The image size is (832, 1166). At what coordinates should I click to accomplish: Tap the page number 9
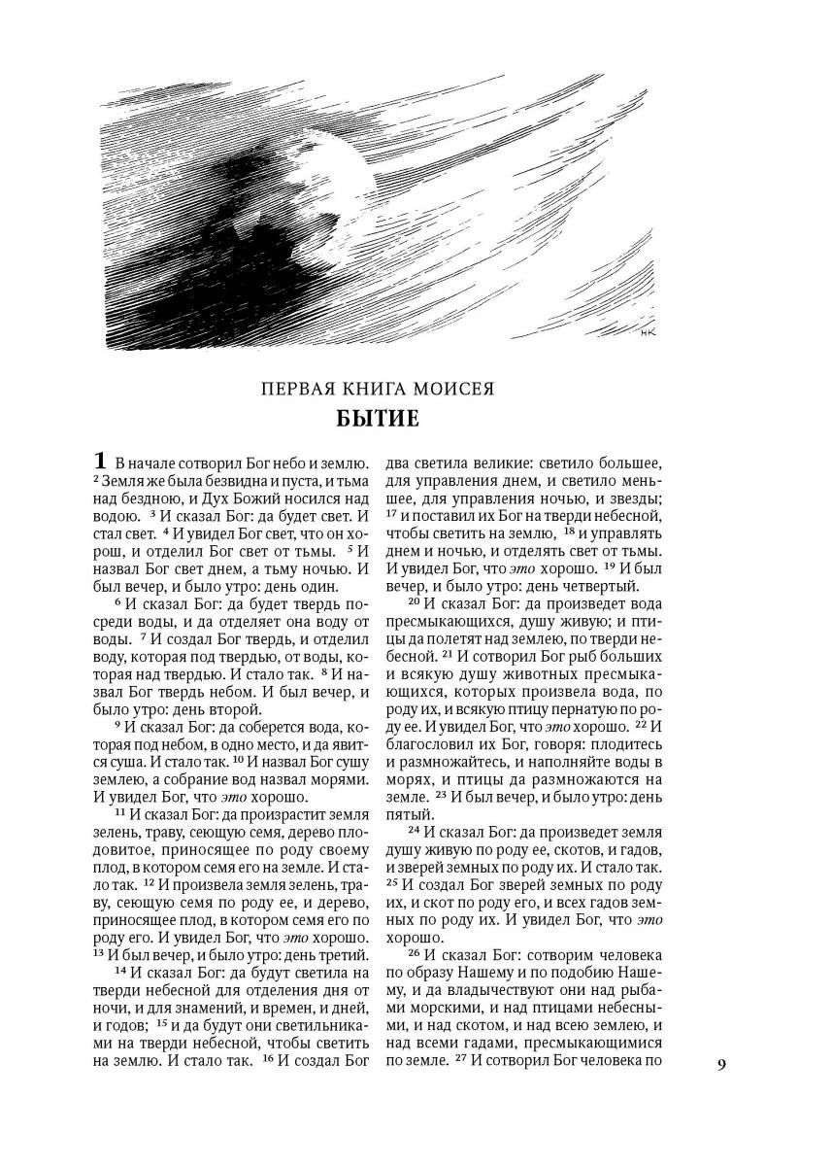click(x=721, y=1064)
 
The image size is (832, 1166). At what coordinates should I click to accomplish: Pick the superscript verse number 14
click(x=120, y=971)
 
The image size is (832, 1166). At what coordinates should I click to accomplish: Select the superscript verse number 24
click(x=413, y=830)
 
